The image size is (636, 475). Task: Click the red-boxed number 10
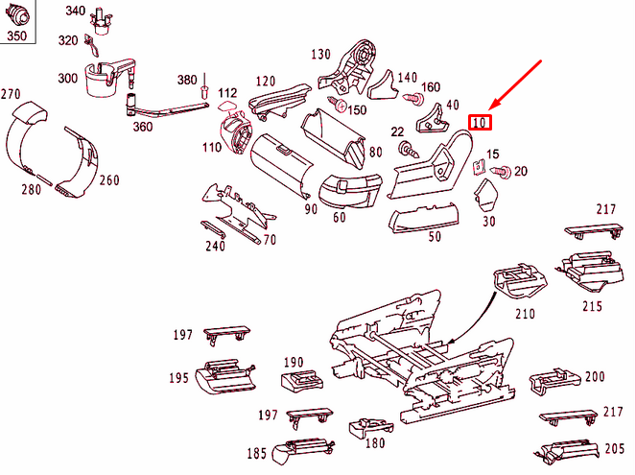pyautogui.click(x=480, y=122)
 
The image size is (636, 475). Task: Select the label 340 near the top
pyautogui.click(x=75, y=11)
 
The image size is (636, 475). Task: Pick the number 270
pyautogui.click(x=11, y=94)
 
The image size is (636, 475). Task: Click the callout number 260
pyautogui.click(x=108, y=180)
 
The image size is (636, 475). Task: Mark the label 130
pyautogui.click(x=320, y=54)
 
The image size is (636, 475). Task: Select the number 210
pyautogui.click(x=525, y=314)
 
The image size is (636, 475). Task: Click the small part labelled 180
pyautogui.click(x=369, y=426)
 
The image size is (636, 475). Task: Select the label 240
pyautogui.click(x=215, y=247)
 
